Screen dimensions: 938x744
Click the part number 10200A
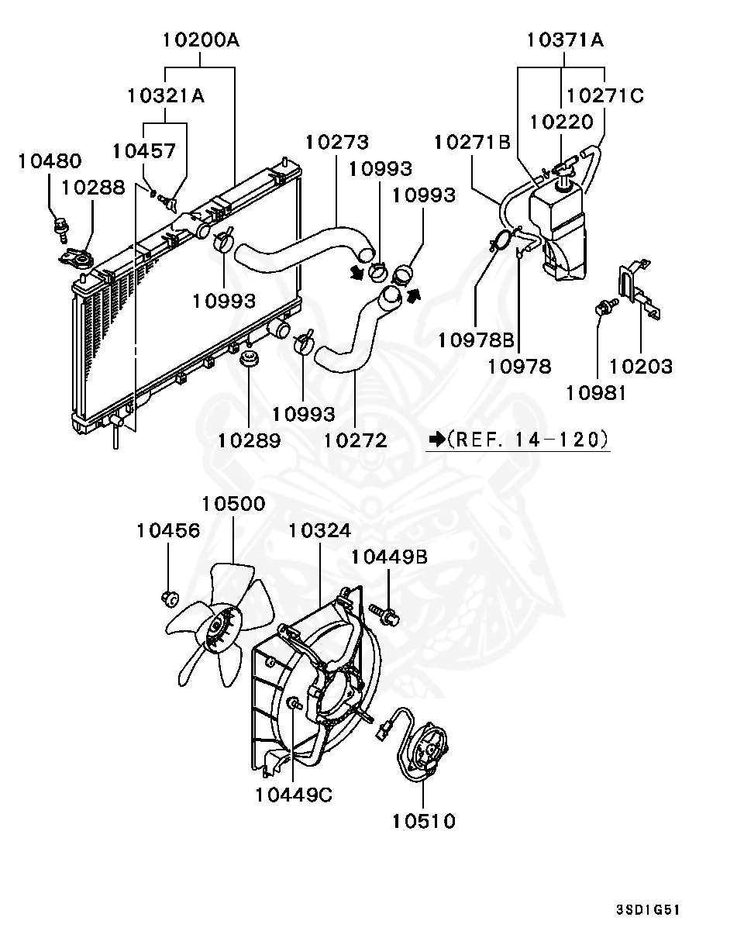tap(201, 39)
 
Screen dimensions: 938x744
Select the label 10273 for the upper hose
tap(336, 142)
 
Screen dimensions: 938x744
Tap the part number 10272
tap(355, 440)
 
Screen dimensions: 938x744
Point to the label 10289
tap(249, 440)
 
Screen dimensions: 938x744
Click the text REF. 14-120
tap(527, 440)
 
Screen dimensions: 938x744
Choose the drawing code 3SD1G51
tap(648, 909)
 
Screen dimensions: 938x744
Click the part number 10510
tap(423, 820)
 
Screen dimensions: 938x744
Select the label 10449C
tap(294, 795)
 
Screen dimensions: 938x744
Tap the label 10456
tap(168, 530)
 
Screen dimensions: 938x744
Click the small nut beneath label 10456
tap(168, 598)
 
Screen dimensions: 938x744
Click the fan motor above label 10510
tap(426, 749)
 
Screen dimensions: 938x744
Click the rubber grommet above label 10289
tap(249, 360)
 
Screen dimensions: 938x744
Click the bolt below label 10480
tap(60, 226)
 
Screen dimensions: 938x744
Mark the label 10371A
tap(565, 39)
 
